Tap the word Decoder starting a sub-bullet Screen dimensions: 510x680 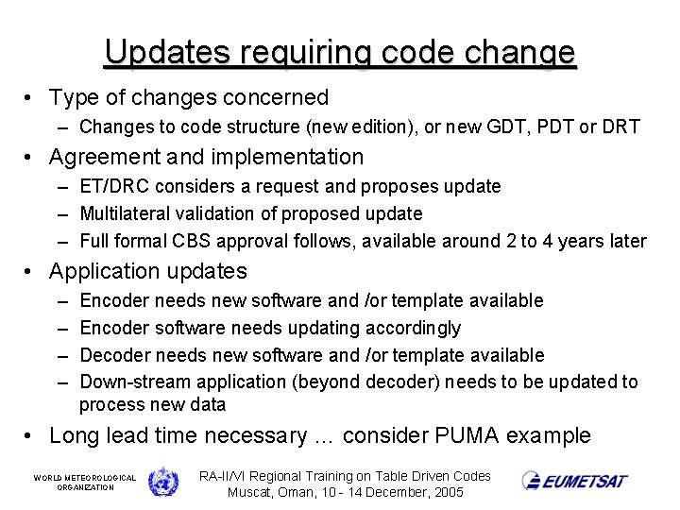pyautogui.click(x=114, y=355)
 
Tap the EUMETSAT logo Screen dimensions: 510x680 pyautogui.click(x=574, y=481)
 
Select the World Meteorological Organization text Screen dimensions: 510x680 pyautogui.click(x=84, y=483)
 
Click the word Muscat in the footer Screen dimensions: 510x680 pyautogui.click(x=252, y=492)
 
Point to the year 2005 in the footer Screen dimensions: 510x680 pyautogui.click(x=446, y=492)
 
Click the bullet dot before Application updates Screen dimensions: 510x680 pyautogui.click(x=31, y=272)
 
